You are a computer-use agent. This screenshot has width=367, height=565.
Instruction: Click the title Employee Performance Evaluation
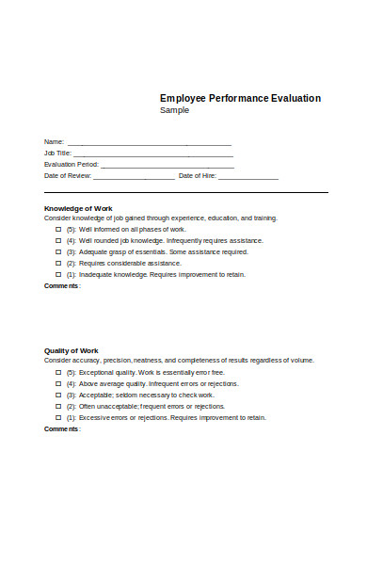tap(240, 98)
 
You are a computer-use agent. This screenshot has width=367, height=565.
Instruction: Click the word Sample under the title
tap(174, 110)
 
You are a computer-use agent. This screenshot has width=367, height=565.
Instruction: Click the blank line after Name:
tap(149, 143)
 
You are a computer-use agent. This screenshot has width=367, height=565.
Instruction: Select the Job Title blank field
tap(152, 154)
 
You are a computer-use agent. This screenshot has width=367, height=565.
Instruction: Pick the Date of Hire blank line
tap(248, 177)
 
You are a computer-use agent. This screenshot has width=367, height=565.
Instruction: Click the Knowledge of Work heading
tap(78, 208)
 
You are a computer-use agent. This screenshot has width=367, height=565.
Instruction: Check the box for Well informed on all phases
tap(58, 229)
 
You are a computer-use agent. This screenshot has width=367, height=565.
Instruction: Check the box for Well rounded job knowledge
tap(58, 240)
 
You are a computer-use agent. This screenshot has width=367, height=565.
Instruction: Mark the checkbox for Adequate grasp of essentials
tap(58, 251)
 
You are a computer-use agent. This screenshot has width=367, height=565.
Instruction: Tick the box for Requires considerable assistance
tap(58, 263)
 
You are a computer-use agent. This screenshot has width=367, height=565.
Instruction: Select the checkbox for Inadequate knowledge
tap(58, 274)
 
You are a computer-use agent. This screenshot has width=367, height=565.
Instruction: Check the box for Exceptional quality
tap(58, 372)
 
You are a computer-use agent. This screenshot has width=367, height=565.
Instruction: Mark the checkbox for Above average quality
tap(58, 383)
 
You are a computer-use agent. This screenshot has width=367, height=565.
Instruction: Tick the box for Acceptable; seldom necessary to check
tap(58, 395)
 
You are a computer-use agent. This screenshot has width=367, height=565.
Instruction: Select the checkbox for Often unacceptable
tap(58, 406)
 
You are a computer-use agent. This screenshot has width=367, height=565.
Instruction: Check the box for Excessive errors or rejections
tap(58, 416)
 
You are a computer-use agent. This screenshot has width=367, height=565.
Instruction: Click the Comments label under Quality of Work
tap(62, 428)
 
